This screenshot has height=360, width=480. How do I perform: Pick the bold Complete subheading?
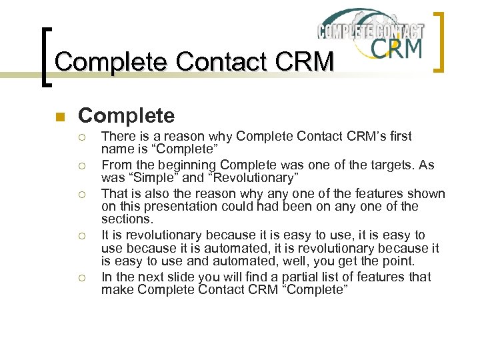point(127,116)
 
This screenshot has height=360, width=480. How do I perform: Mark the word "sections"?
point(127,219)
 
